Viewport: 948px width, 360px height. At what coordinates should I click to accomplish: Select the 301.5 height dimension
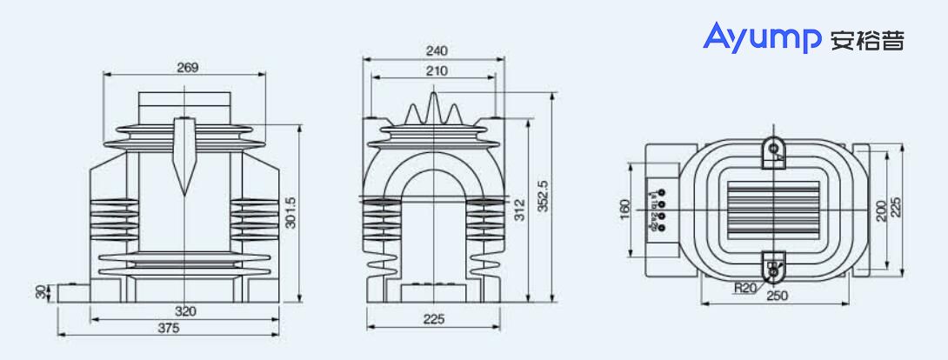(x=292, y=214)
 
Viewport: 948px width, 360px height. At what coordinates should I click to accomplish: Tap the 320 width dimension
(x=184, y=311)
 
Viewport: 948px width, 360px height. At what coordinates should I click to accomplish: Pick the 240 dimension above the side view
(x=432, y=51)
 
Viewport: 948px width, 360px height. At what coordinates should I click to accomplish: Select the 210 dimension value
(x=432, y=70)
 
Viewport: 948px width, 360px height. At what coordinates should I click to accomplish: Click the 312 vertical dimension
(x=519, y=210)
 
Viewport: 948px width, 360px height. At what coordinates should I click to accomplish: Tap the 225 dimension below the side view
(x=432, y=319)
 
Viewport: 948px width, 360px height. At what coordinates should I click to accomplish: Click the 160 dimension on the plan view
(x=625, y=210)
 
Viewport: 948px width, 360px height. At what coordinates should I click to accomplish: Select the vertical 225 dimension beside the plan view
(x=897, y=203)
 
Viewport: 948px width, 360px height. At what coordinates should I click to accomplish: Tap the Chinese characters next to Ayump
(x=867, y=40)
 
